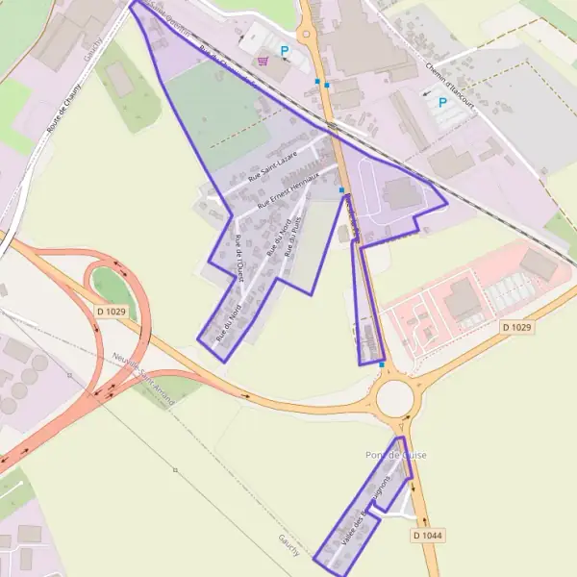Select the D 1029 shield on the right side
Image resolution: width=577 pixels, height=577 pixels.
pos(516,328)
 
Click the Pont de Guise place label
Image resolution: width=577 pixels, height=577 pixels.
pos(396,455)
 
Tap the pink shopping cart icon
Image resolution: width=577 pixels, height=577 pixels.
pos(262,61)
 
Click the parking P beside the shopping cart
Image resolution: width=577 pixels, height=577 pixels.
pos(284,51)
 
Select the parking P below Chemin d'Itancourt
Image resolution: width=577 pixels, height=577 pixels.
pos(442,102)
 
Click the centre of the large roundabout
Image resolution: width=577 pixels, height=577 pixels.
pos(394,397)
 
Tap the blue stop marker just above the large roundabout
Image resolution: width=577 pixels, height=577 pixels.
pos(383,365)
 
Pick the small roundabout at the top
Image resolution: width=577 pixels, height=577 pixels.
pos(307,35)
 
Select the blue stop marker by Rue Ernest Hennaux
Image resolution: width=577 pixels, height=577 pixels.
pos(341,190)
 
